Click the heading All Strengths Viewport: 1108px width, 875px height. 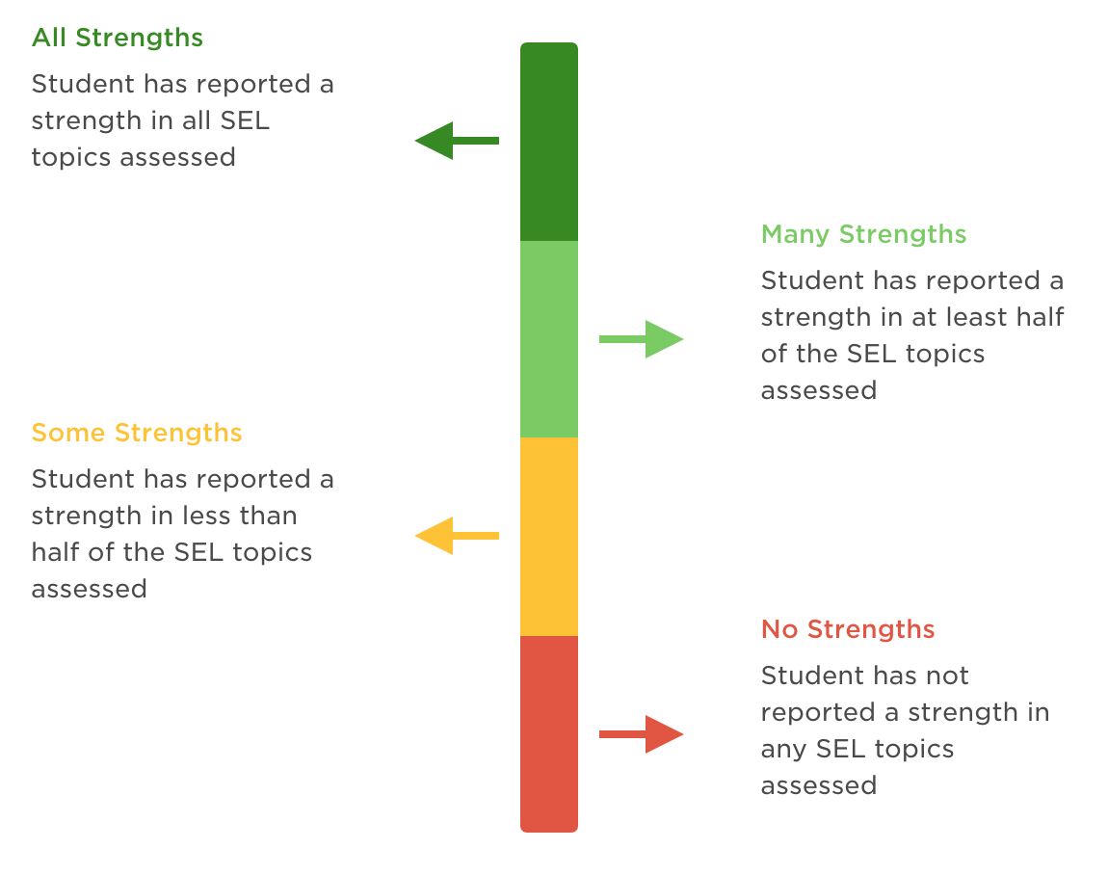[118, 39]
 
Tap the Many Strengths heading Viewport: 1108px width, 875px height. [863, 235]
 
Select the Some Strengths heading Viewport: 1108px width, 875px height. [136, 433]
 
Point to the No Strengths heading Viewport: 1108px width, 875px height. [848, 630]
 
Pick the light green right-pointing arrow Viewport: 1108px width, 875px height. [642, 339]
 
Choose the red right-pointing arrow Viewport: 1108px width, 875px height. [642, 734]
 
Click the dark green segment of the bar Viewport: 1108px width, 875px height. [549, 142]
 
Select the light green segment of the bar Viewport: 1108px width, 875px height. [549, 339]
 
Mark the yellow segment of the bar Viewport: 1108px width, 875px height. [549, 537]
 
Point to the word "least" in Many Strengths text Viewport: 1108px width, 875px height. [969, 318]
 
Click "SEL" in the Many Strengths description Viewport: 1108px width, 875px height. [873, 355]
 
